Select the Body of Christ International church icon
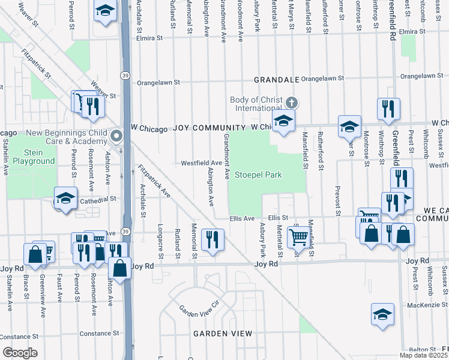point(292,101)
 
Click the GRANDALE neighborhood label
point(276,79)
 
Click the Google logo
point(19,353)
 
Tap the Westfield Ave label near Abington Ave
point(202,163)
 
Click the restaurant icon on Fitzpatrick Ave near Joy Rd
point(212,239)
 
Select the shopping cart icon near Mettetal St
point(298,236)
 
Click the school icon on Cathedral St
point(65,199)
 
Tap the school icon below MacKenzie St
point(382,314)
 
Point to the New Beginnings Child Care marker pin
point(118,136)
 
